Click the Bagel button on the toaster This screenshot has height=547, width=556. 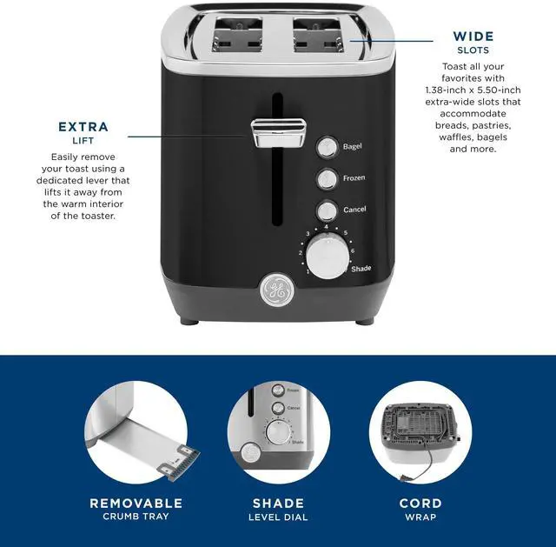pos(327,147)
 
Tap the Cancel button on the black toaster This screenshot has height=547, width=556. pos(327,210)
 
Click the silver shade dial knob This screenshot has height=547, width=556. pos(326,259)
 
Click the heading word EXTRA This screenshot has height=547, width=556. pos(83,127)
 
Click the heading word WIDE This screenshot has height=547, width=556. pos(473,37)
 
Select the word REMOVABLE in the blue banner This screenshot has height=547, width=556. pos(136,503)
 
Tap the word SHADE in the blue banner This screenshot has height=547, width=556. pos(278,503)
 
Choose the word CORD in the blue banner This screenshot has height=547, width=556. pos(420,503)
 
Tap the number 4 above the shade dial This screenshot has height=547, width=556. pos(326,227)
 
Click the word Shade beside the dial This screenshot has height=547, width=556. pos(361,269)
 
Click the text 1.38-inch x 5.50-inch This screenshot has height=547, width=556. pos(473,90)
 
